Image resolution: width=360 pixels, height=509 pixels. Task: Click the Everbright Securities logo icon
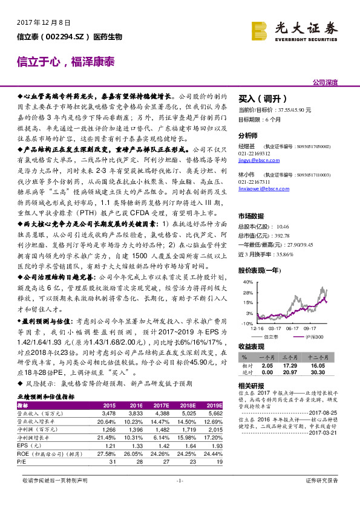pos(259,29)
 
